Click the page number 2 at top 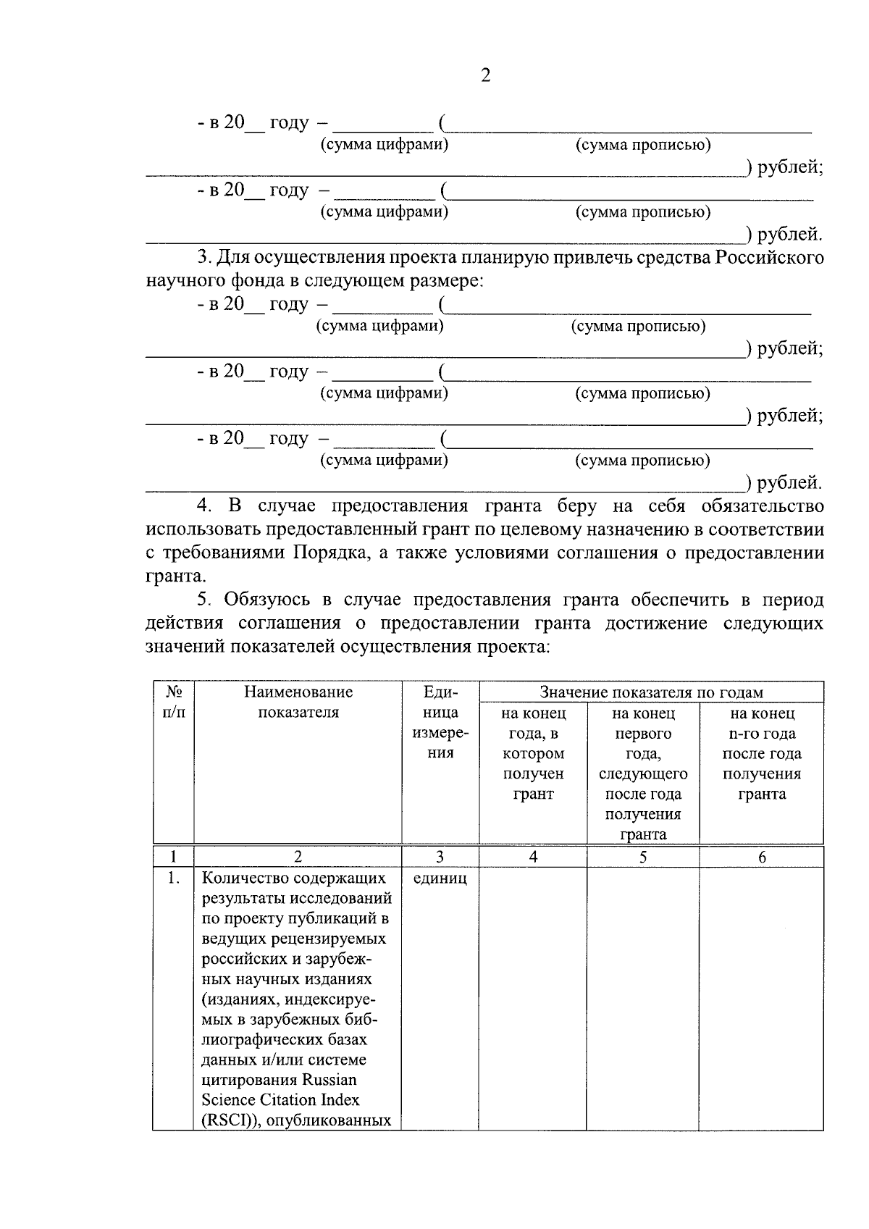tap(485, 75)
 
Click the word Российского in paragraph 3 tap(769, 258)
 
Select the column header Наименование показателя tap(298, 702)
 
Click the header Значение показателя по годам tap(651, 692)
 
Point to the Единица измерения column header tap(440, 722)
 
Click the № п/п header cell tap(172, 702)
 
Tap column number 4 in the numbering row tap(533, 857)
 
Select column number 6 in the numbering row tap(762, 857)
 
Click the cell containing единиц tap(440, 878)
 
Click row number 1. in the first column tap(172, 878)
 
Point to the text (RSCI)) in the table tap(226, 1120)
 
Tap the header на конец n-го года tap(762, 753)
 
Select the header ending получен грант tap(532, 784)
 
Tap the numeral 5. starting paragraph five tap(206, 600)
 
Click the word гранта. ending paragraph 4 tap(175, 576)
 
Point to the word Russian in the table tap(329, 1080)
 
